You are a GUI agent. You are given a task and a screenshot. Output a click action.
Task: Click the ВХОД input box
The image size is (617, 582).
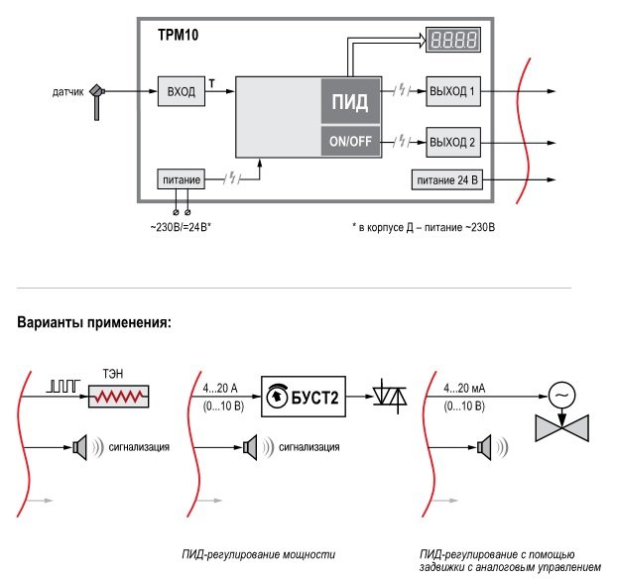pyautogui.click(x=181, y=92)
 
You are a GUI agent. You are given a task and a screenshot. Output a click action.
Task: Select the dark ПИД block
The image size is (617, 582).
pyautogui.click(x=348, y=100)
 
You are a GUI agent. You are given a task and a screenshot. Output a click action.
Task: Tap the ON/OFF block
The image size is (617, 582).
pyautogui.click(x=348, y=141)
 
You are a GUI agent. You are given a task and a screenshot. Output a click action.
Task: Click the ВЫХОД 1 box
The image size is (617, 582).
pyautogui.click(x=453, y=92)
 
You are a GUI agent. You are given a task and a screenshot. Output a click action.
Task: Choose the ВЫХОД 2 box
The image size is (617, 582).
pyautogui.click(x=453, y=142)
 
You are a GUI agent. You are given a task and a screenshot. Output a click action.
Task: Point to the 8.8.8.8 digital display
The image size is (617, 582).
pyautogui.click(x=453, y=41)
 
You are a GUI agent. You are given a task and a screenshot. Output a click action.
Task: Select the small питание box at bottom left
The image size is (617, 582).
pyautogui.click(x=181, y=179)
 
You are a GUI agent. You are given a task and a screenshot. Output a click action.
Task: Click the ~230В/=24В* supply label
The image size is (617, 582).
pyautogui.click(x=175, y=227)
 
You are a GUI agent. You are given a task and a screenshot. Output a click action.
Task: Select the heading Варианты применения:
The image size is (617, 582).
pyautogui.click(x=94, y=322)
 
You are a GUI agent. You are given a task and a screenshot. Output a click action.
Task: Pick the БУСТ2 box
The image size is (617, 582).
pyautogui.click(x=306, y=397)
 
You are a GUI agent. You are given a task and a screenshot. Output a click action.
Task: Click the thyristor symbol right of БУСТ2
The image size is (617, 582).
pyautogui.click(x=387, y=397)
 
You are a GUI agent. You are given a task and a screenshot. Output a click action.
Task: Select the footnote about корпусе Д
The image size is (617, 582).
pyautogui.click(x=423, y=227)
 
